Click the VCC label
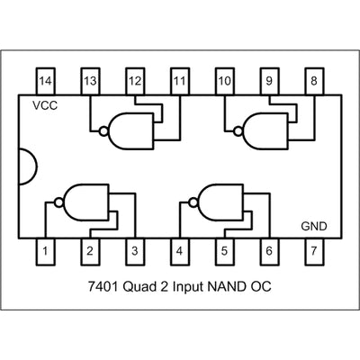(x=43, y=106)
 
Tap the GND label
(x=314, y=226)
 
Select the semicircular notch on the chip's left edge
(x=28, y=166)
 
